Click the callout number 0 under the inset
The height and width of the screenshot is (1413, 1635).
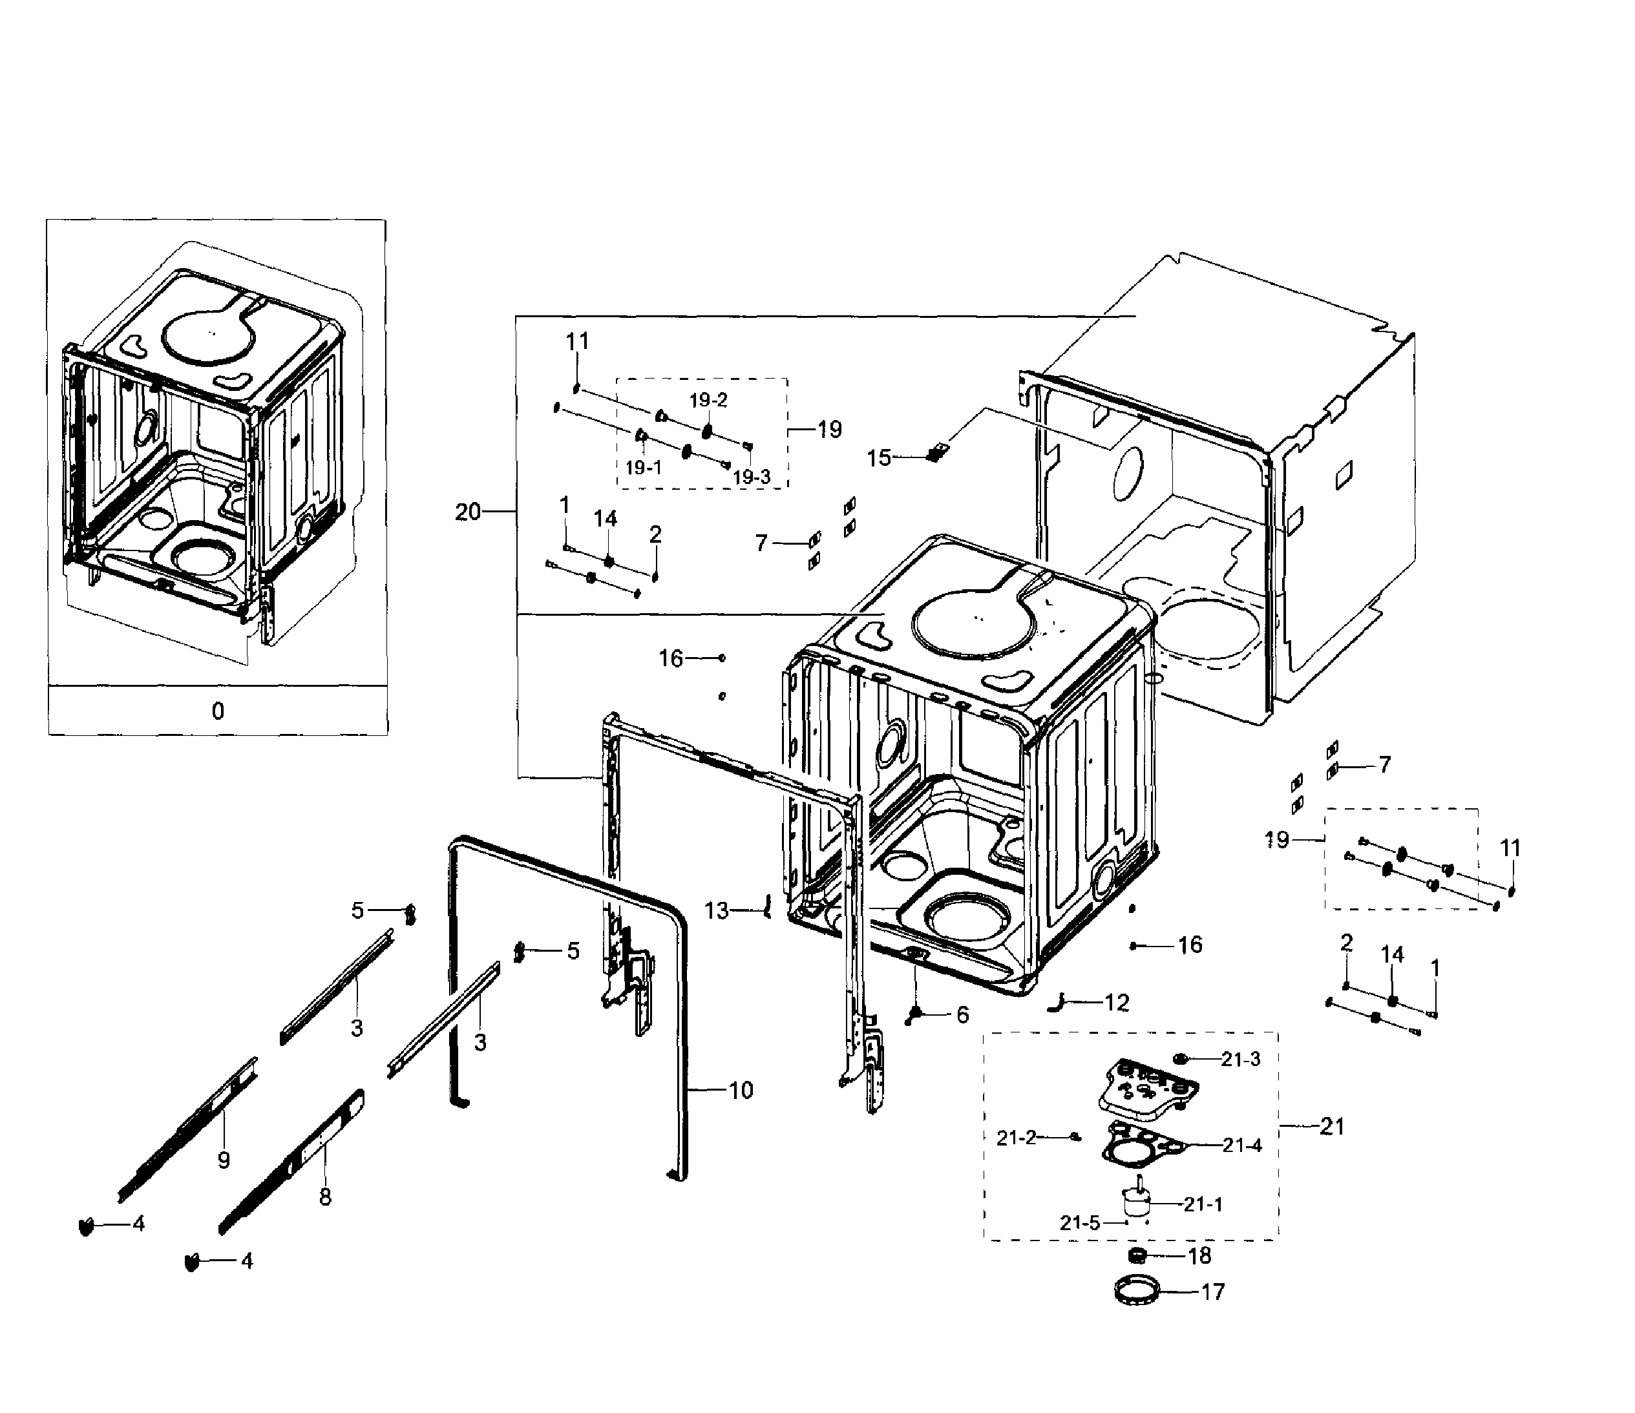218,711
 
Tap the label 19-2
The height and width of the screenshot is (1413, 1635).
708,400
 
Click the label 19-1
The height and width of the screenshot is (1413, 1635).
643,467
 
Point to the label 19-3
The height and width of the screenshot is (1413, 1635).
751,477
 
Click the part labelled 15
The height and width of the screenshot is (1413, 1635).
936,454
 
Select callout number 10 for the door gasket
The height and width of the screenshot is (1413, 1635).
741,1091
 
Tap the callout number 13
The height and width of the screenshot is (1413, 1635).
715,911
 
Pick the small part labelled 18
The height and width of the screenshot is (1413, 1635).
1137,1255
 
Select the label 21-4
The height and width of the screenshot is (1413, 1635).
1242,1145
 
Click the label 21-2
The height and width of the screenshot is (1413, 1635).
1015,1138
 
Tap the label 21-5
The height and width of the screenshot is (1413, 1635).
1079,1223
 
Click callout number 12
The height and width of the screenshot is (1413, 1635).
1117,1003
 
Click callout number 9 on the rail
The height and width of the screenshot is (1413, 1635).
224,1160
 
